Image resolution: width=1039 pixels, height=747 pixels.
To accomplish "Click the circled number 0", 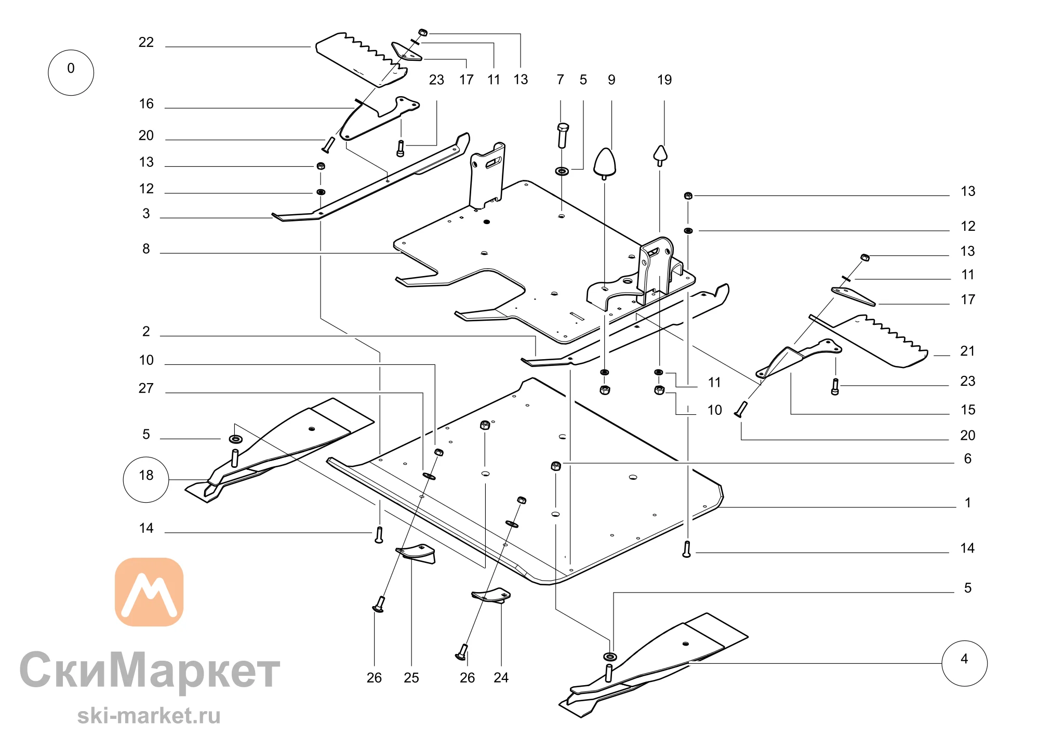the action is (71, 73).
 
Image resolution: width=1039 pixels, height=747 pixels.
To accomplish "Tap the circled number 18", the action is (146, 479).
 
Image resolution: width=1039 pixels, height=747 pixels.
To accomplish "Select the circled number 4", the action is (964, 663).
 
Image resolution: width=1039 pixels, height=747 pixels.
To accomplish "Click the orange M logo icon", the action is (149, 592).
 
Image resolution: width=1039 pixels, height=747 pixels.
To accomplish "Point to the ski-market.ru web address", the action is (149, 716).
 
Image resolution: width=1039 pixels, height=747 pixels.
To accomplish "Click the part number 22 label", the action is (146, 42).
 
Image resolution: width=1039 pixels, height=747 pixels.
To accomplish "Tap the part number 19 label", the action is (664, 80).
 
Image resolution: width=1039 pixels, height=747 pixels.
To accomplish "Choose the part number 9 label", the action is (611, 80).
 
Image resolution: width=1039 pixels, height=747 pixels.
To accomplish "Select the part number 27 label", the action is (146, 388).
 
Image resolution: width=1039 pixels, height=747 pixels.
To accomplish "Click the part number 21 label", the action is (967, 351).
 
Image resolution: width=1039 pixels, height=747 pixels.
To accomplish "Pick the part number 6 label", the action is (968, 458).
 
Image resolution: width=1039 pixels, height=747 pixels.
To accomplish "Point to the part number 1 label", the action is (968, 503).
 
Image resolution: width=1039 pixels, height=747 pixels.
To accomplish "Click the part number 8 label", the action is (146, 249).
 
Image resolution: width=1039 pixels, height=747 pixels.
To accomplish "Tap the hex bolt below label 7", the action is (563, 135).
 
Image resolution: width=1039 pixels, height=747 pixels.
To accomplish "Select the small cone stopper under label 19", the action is (660, 155).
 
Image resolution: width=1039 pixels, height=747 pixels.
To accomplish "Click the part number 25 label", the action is (411, 677).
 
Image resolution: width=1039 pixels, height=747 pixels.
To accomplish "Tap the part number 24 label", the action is (501, 677).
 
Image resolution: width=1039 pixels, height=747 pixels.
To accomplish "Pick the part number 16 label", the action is (146, 104).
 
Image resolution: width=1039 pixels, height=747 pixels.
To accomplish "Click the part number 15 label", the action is (968, 410).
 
